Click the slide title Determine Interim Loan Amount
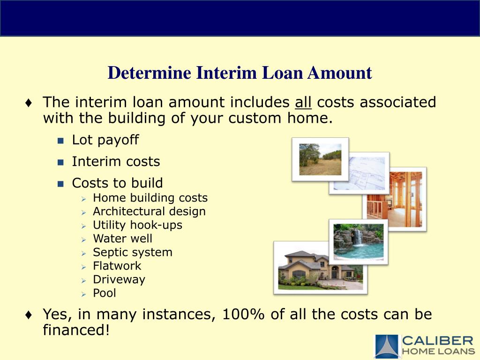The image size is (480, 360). (240, 73)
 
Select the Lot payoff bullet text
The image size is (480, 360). (105, 140)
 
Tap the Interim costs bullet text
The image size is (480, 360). (116, 162)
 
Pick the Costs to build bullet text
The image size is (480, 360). (117, 183)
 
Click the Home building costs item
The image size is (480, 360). (150, 198)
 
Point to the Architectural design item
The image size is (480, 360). (149, 211)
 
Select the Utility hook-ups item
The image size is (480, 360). (137, 225)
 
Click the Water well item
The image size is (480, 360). (122, 239)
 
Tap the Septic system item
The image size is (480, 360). (132, 252)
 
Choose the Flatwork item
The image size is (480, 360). (117, 266)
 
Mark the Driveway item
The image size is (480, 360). (119, 279)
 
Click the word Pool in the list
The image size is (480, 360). (104, 293)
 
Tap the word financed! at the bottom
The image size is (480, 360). (76, 330)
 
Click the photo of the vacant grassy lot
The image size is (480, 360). (320, 159)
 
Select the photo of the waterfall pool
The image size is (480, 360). (358, 242)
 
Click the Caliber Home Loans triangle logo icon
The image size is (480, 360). (386, 346)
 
